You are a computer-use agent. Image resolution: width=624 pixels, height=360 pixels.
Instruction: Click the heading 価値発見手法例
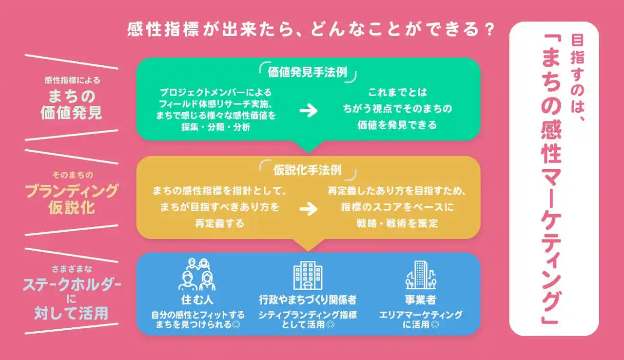pos(307,73)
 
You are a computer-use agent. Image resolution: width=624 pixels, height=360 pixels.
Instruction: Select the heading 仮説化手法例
pos(307,170)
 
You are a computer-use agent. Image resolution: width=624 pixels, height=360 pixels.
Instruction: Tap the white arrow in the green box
pos(308,111)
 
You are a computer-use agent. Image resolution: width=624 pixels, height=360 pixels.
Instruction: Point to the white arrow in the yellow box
pos(308,209)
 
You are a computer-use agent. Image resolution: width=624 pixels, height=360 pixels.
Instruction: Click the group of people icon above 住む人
pos(197,275)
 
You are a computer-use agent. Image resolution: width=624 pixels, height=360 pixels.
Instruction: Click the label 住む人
pos(197,299)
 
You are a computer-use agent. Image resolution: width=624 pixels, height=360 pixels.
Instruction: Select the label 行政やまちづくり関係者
pos(308,299)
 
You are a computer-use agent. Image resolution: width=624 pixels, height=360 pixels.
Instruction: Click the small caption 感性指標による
pos(72,80)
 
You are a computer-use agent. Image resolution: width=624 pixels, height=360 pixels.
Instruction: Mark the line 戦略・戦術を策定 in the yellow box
pos(397,224)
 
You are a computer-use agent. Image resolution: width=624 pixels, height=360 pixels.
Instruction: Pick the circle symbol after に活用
pos(435,324)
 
